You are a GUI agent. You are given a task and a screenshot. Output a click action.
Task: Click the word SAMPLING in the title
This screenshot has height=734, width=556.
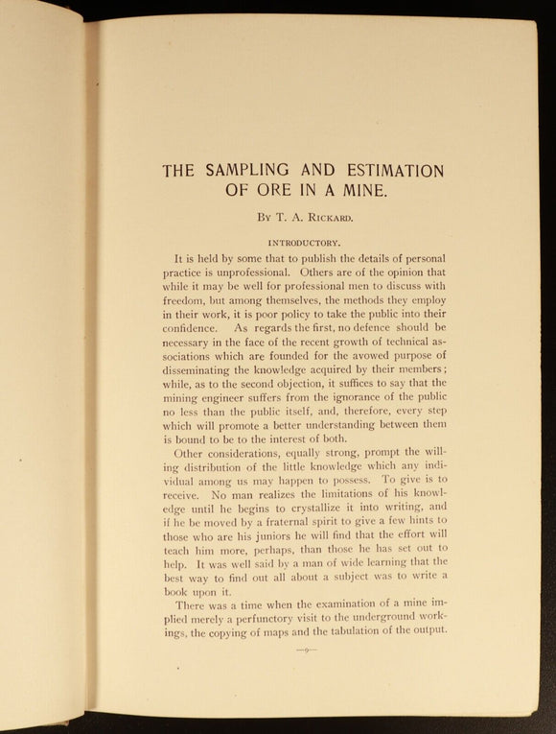[x=249, y=171]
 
